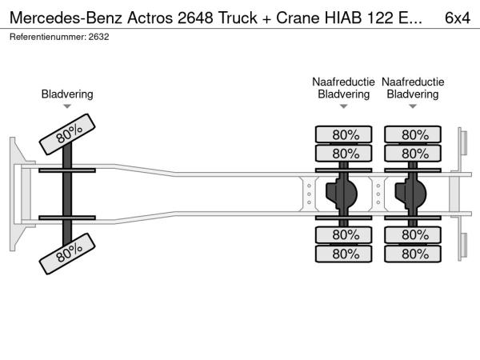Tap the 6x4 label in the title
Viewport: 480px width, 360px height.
point(457,15)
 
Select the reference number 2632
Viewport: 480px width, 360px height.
point(99,37)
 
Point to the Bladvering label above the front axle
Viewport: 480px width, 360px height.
point(67,94)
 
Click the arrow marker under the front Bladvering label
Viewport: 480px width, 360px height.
point(67,106)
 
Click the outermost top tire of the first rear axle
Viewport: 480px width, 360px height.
point(344,134)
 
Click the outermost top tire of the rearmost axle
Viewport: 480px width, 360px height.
point(413,134)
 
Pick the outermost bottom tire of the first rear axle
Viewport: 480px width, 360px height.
point(344,254)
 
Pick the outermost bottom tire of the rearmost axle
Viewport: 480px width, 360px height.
point(413,254)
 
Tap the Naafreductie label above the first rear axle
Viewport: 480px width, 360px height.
point(344,82)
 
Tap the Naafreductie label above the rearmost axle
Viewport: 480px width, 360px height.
point(413,82)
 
